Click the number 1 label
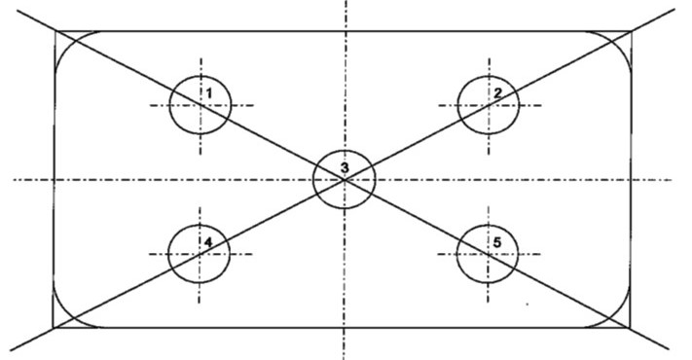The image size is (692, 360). (x=209, y=93)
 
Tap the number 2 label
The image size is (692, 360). (x=497, y=93)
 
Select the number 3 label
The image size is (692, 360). (x=345, y=167)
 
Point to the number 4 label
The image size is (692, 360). (x=208, y=241)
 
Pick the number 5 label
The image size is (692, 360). (x=497, y=242)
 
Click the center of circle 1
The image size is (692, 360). (x=200, y=105)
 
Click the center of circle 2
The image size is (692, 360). (x=489, y=105)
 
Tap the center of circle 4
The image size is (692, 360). (x=200, y=254)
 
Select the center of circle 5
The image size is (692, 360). (x=488, y=254)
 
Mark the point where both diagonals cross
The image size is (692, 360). (x=345, y=180)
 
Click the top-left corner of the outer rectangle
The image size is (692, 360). (x=56, y=31)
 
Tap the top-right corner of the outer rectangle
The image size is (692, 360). (x=632, y=31)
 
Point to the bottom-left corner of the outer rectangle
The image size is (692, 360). (x=54, y=328)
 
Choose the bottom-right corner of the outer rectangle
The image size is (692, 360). (x=630, y=328)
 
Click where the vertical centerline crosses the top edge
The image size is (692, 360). (x=346, y=31)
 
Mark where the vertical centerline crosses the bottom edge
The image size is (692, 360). (x=344, y=328)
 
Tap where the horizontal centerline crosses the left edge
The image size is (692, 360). (x=54, y=180)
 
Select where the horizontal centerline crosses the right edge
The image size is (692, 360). (x=631, y=180)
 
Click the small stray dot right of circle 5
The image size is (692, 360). (x=527, y=304)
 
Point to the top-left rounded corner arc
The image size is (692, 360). (x=67, y=44)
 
